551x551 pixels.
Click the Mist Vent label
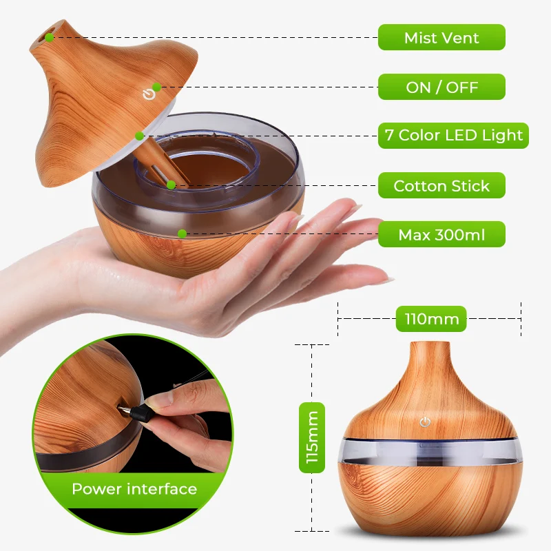pos(441,37)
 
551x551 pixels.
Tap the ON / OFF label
pos(441,87)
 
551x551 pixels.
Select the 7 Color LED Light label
pos(453,136)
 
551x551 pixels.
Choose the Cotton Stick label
pos(441,186)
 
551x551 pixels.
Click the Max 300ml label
pos(441,235)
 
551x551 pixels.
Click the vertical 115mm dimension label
pos(311,438)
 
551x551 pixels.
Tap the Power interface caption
pos(134,489)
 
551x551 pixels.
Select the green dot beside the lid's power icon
pos(157,87)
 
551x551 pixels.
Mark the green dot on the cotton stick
pos(169,185)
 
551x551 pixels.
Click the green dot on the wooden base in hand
pos(182,233)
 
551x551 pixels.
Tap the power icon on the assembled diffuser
pos(425,421)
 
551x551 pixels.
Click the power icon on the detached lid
pos(147,94)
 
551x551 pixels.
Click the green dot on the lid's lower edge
pos(139,136)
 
